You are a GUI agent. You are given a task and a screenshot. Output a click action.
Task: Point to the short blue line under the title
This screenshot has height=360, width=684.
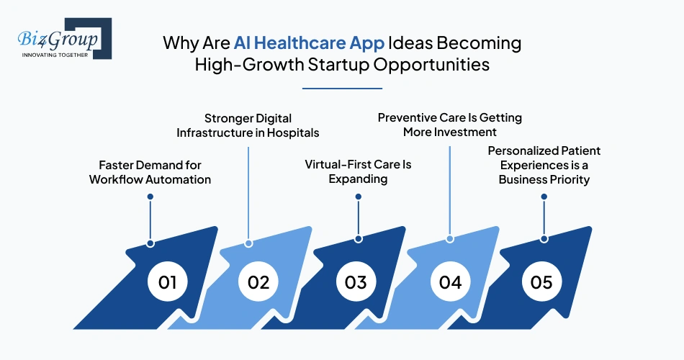[341, 89]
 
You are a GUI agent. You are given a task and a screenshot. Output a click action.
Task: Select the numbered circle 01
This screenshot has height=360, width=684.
[168, 282]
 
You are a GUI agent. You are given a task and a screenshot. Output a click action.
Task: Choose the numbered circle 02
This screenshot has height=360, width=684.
[258, 282]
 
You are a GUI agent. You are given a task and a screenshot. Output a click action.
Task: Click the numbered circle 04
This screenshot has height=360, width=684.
[450, 282]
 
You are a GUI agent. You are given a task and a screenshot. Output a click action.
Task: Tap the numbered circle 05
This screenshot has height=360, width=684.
[541, 282]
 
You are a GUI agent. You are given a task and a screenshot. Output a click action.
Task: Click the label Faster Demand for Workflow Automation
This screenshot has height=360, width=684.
[150, 172]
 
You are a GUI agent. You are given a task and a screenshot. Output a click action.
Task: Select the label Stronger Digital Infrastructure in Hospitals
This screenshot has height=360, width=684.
[248, 125]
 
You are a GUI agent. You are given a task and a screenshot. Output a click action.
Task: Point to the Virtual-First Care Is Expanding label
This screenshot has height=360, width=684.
[358, 171]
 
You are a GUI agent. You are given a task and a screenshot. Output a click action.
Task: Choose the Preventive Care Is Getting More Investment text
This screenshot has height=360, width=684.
[450, 125]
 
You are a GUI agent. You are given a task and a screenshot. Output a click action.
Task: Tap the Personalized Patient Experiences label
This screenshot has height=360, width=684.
[544, 165]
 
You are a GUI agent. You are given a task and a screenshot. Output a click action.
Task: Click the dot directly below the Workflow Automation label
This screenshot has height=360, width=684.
[150, 197]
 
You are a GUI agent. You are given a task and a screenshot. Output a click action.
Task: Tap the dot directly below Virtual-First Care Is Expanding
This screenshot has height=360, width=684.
[358, 197]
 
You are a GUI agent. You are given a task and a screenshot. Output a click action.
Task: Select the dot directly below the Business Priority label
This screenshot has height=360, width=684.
[544, 197]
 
